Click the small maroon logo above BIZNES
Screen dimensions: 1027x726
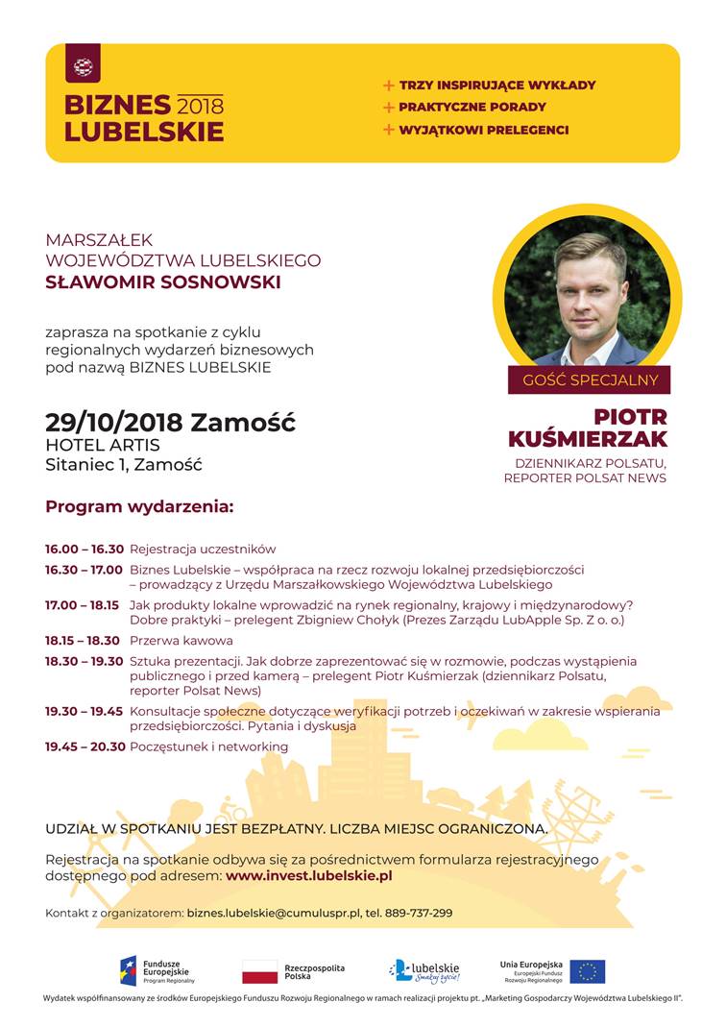pos(83,67)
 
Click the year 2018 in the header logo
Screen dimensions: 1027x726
pos(200,105)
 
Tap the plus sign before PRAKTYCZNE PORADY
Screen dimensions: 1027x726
pos(389,108)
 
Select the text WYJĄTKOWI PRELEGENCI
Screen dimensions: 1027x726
pos(484,130)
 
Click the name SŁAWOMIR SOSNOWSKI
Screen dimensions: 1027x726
pos(163,282)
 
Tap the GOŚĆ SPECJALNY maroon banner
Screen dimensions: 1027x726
pos(590,379)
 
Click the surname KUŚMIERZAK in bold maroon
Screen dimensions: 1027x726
pos(587,439)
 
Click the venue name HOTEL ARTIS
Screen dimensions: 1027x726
pos(103,446)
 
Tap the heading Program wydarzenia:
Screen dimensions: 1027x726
pos(139,505)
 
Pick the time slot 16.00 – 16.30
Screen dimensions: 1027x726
pos(85,550)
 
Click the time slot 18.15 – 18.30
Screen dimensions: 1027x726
pos(85,641)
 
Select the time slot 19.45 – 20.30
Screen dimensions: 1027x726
pos(85,746)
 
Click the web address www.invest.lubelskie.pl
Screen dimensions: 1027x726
pos(308,876)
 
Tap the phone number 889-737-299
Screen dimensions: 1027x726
pos(419,913)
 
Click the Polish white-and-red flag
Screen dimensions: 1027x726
pos(259,972)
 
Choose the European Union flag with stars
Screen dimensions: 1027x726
pos(587,972)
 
